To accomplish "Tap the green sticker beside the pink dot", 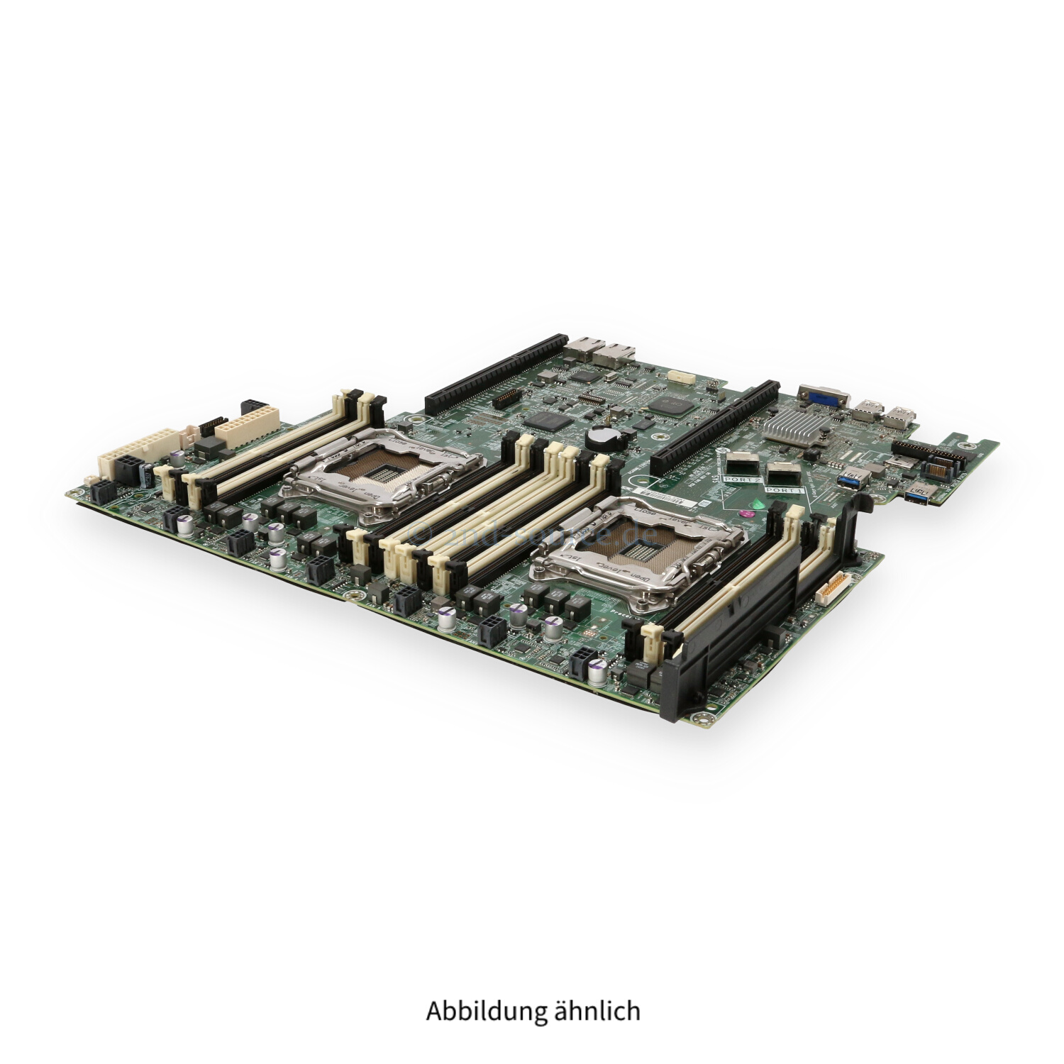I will pos(758,503).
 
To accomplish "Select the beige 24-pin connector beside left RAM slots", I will pos(248,425).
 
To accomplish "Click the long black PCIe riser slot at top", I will pos(497,375).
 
